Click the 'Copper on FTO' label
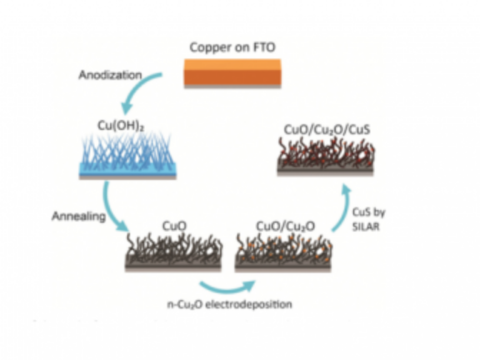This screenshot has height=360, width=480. point(232,47)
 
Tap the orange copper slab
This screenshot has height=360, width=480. point(232,72)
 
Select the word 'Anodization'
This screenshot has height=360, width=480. point(110,75)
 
